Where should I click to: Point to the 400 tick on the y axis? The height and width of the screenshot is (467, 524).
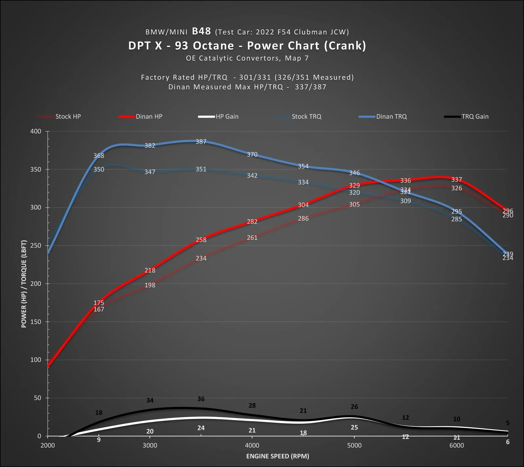click(36, 132)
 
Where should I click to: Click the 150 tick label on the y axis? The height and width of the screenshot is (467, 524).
click(36, 322)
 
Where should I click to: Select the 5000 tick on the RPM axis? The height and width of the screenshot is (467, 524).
click(354, 445)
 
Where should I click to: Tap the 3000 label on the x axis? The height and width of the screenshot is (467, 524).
click(150, 445)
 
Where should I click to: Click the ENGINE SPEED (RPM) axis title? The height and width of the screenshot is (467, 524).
click(278, 456)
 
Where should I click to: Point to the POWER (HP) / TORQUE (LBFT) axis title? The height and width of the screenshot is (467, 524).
click(24, 284)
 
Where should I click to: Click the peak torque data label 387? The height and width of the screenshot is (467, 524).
click(201, 142)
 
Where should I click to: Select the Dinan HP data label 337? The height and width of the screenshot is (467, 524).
click(456, 180)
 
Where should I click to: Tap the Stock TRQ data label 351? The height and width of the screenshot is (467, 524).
click(201, 169)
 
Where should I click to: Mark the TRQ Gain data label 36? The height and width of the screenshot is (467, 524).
click(201, 399)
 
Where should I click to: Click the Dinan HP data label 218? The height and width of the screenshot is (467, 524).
click(150, 271)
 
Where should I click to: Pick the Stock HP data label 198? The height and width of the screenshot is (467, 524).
click(150, 285)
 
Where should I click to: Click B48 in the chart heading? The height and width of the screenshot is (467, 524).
click(201, 31)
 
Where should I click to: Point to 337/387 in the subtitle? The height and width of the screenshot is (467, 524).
click(310, 87)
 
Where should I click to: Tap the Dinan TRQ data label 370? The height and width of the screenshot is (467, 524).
click(252, 154)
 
